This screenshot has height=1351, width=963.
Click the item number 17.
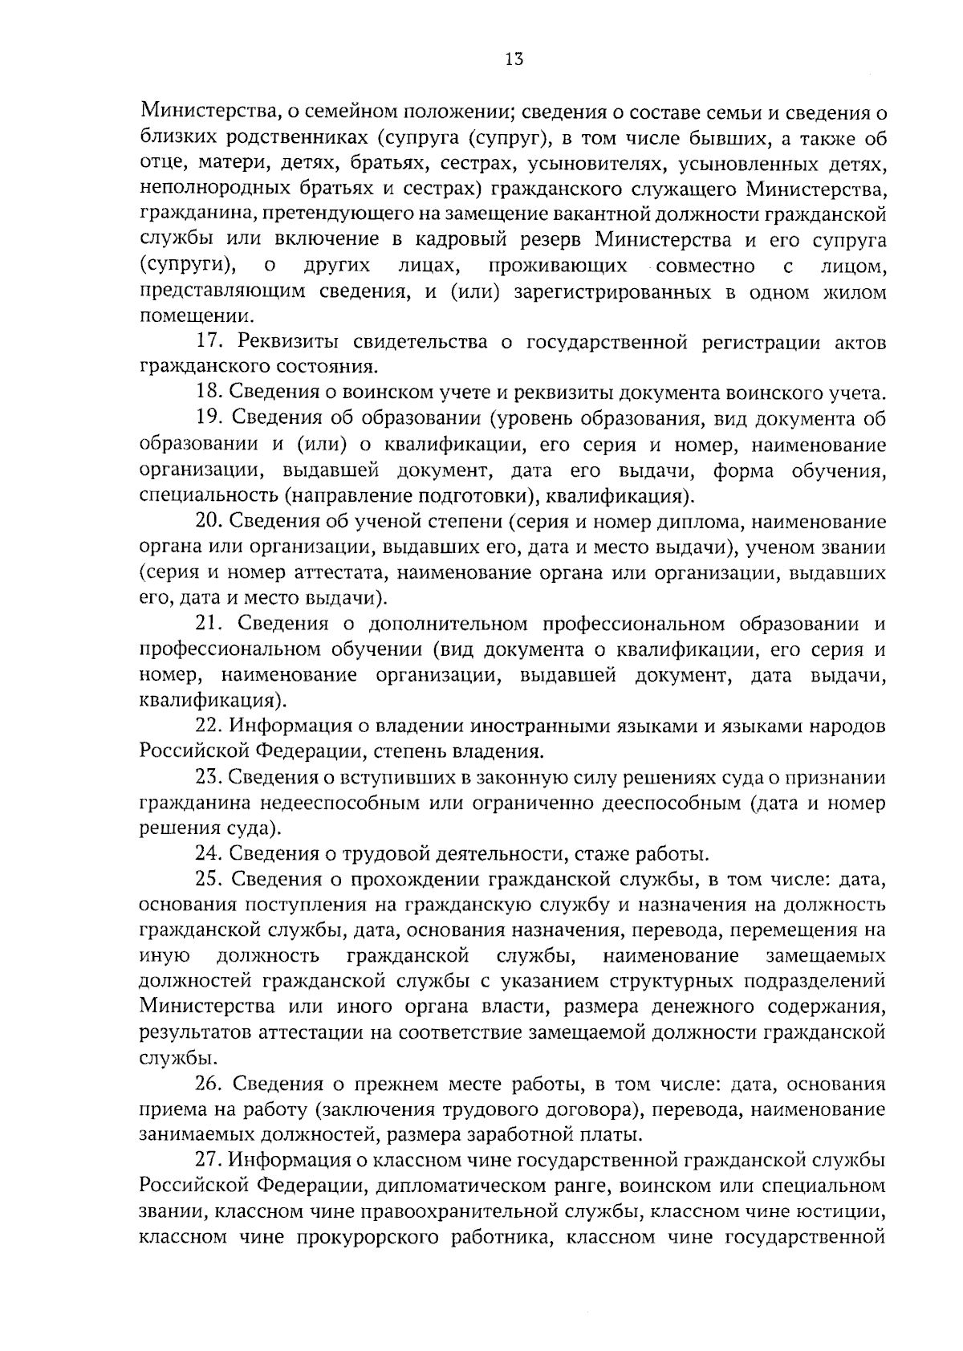click(x=209, y=342)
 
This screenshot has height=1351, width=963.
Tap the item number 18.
click(x=209, y=393)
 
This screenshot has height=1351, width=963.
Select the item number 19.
click(x=209, y=419)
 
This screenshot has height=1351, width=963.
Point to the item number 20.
click(x=209, y=522)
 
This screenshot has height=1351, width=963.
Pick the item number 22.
click(x=209, y=726)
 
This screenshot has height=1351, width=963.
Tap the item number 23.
click(x=209, y=777)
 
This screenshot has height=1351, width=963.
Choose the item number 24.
click(x=209, y=853)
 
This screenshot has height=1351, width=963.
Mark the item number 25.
click(x=209, y=880)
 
